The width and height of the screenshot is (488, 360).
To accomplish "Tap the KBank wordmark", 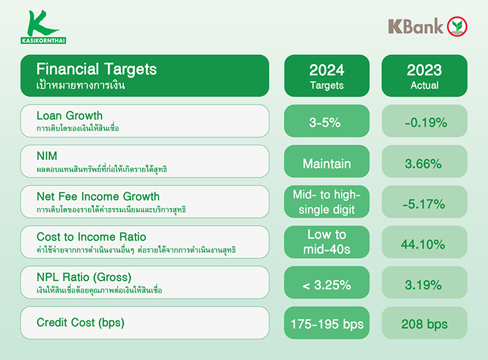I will (x=415, y=26).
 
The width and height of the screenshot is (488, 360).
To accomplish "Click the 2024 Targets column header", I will (x=327, y=76).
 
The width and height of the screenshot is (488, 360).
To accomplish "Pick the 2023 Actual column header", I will (x=425, y=76).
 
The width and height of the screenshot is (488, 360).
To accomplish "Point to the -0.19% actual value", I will (x=425, y=122).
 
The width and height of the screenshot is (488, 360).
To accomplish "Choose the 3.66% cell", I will (x=425, y=163).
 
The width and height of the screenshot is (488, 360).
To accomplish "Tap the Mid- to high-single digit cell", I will (x=327, y=202).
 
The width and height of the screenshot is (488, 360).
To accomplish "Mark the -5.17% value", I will (x=425, y=204).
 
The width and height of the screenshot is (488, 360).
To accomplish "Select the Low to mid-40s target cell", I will (x=327, y=242).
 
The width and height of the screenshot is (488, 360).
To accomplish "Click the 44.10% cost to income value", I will (x=425, y=243).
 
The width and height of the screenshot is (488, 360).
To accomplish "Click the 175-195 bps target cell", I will (x=327, y=323).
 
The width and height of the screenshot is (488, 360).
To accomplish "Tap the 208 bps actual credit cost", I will (x=425, y=324).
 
